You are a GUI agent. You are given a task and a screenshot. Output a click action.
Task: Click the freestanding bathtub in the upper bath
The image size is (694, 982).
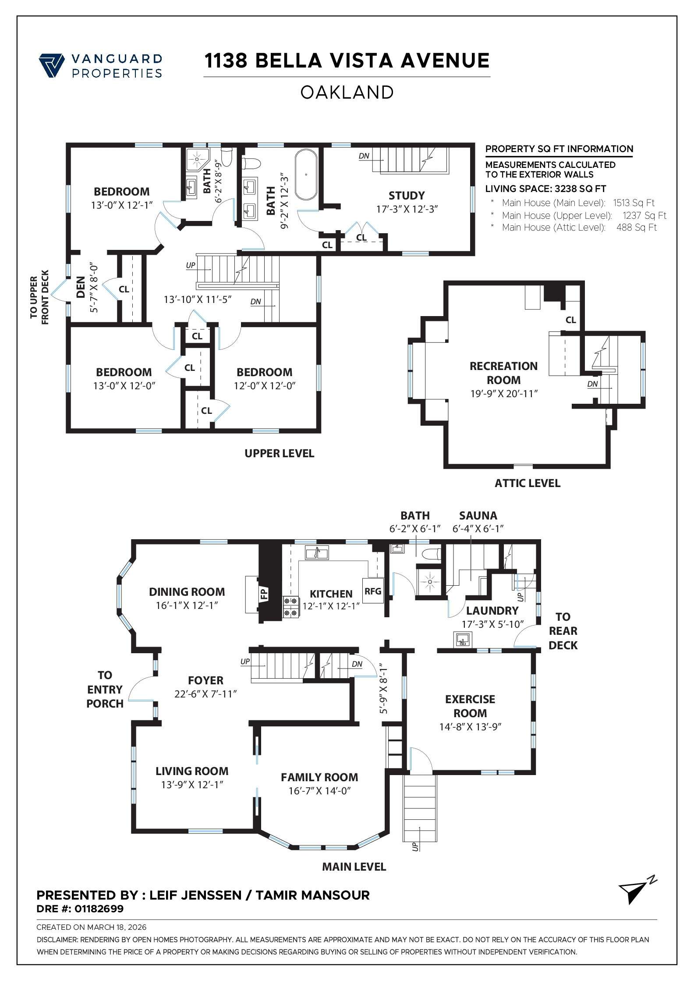(306, 175)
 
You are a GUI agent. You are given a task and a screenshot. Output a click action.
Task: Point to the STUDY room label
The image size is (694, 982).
(406, 196)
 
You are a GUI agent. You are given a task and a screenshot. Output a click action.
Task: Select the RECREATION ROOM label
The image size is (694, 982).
(503, 373)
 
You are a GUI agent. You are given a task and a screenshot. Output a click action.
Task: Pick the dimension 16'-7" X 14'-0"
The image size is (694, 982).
(319, 791)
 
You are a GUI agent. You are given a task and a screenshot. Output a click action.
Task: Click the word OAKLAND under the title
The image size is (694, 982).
(347, 93)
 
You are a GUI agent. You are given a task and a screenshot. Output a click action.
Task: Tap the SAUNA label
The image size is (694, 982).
(478, 516)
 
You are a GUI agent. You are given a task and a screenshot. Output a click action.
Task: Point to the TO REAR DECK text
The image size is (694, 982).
(563, 631)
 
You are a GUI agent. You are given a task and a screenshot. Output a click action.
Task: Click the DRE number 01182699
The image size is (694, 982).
(99, 909)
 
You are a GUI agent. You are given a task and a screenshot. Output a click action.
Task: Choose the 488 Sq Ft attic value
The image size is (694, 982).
(636, 228)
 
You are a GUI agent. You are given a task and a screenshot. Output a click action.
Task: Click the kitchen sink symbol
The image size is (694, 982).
(317, 553)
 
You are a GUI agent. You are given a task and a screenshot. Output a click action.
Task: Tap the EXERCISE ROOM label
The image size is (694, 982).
(470, 706)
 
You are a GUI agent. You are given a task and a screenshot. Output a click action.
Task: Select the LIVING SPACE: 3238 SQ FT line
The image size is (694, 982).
(545, 189)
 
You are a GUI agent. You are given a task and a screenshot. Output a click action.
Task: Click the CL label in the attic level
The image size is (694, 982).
(570, 320)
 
